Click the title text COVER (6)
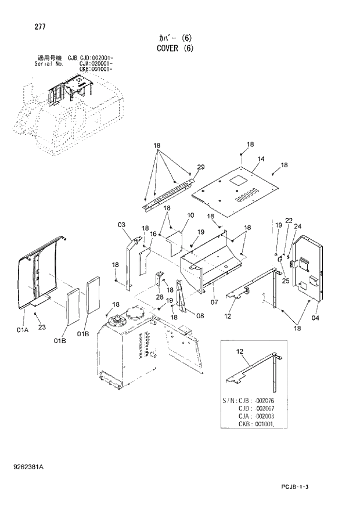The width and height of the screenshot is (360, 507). coord(175,49)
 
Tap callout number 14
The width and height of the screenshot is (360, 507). coord(261,159)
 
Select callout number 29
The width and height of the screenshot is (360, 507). coord(200,167)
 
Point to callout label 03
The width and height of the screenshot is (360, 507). coord(121,224)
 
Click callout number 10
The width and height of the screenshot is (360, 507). coord(190,215)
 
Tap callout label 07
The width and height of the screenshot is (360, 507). coord(200,315)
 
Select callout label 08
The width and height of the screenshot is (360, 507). coord(200,315)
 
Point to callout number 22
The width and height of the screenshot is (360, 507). coord(289,220)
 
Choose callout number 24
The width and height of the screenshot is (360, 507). coord(298,226)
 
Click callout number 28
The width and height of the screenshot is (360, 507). coord(159,297)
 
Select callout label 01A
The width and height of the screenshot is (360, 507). coord(23,330)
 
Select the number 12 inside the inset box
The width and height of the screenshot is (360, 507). coord(240,351)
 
